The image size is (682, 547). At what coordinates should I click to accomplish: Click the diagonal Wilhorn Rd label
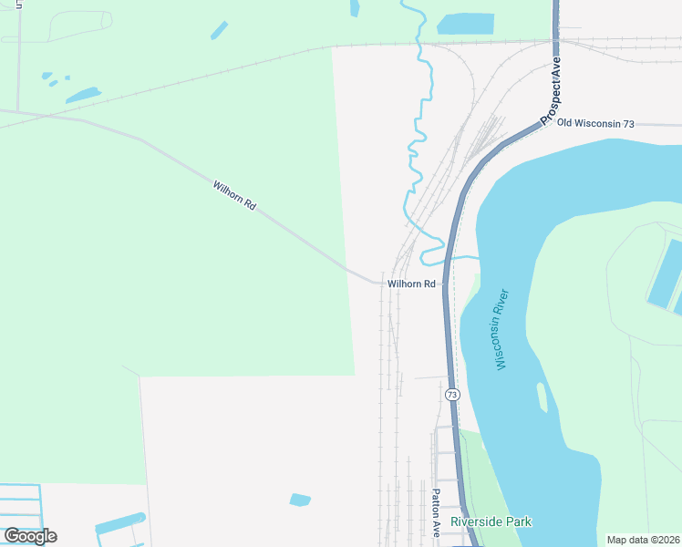[x=233, y=194]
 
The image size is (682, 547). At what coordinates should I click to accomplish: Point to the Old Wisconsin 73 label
[x=595, y=123]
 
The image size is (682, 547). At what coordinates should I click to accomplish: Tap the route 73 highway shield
[x=452, y=395]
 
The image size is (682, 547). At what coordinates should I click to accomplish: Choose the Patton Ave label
[x=436, y=512]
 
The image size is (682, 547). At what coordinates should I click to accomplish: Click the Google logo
[x=30, y=535]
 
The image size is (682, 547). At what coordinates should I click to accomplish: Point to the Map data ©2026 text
[x=643, y=540]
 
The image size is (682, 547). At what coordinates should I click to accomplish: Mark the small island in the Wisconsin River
[x=542, y=397]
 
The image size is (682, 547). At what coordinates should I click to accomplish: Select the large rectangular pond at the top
[x=465, y=24]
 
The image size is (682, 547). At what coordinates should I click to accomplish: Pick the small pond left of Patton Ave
[x=300, y=500]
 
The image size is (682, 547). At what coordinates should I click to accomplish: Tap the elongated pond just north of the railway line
[x=82, y=95]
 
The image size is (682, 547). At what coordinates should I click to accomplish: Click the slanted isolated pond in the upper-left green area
[x=219, y=30]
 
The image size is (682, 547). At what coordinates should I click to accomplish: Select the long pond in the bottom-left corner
[x=119, y=523]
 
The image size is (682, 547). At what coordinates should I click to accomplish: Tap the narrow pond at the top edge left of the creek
[x=355, y=8]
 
